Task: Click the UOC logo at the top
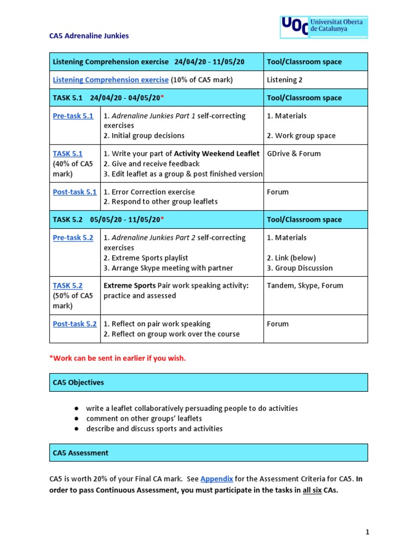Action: tap(324, 27)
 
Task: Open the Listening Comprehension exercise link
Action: tap(110, 80)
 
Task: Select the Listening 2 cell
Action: tap(284, 80)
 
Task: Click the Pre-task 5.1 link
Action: tap(73, 116)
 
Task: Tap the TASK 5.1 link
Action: tap(68, 154)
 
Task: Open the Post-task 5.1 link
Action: tap(75, 192)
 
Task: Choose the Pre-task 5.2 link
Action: tap(73, 238)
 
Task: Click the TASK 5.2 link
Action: tap(68, 286)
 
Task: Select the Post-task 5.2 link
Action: tap(75, 324)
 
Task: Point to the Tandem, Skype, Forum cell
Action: tap(305, 286)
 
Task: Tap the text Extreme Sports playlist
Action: tap(146, 258)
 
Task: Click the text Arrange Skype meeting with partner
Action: tap(168, 268)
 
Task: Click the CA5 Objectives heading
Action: tap(78, 383)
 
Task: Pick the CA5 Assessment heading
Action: tap(80, 453)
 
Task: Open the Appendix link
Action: tap(217, 479)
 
